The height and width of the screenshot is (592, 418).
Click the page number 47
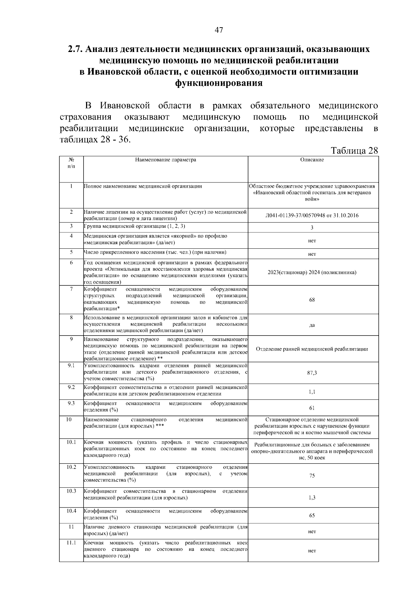pos(218,30)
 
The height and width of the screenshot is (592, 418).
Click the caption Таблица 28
pos(354,151)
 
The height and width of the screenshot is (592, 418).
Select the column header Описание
pos(312,160)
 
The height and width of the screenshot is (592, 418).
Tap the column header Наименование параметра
pos(165,160)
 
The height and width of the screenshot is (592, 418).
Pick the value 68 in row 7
pos(312,300)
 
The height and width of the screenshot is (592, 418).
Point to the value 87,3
pos(312,373)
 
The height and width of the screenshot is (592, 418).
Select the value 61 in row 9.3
pos(312,408)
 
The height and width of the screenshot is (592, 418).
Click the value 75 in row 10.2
pos(312,475)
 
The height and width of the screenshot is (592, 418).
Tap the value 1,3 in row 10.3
pos(312,498)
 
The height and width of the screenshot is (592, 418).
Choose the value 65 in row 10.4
pos(312,516)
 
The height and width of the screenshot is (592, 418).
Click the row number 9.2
pos(71,387)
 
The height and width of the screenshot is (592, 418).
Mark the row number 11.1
pos(71,543)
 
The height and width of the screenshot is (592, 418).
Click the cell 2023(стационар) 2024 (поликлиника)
pos(312,272)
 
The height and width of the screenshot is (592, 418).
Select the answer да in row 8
pos(312,325)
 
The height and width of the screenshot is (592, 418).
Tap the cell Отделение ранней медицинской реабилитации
pos(312,349)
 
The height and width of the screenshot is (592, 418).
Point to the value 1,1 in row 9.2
pos(312,392)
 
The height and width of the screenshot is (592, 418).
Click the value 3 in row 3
pos(312,227)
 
